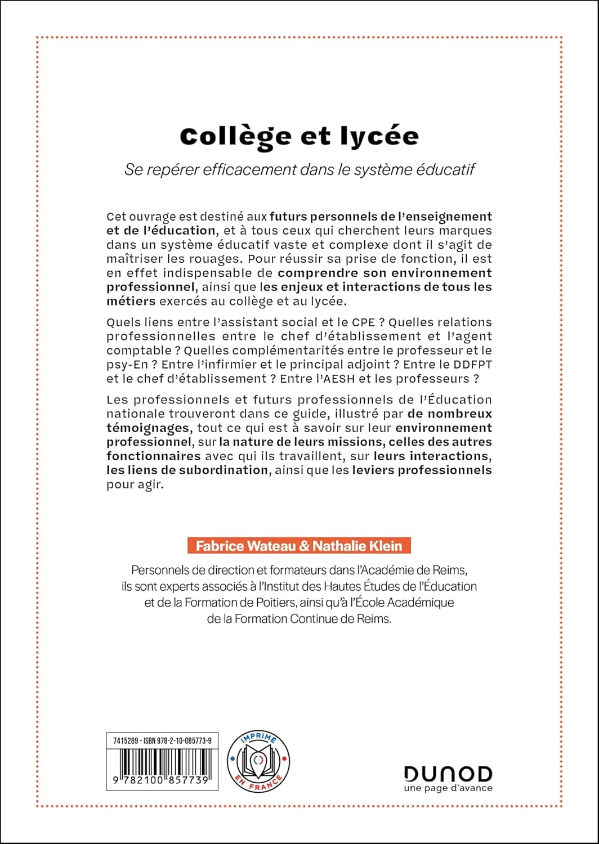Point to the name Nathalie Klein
pos(357,546)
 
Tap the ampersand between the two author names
pos(305,546)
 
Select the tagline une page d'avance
pos(448,788)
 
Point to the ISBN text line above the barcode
pos(162,741)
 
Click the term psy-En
pos(124,365)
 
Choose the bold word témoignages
pos(147,428)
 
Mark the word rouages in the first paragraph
pos(219,259)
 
